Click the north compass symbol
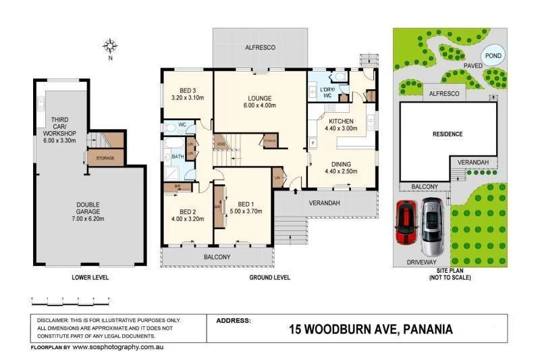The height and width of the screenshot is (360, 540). pyautogui.click(x=110, y=46)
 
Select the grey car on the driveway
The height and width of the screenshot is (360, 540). pyautogui.click(x=431, y=224)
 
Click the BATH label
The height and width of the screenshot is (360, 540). pyautogui.click(x=178, y=157)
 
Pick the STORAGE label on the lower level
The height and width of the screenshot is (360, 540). pyautogui.click(x=105, y=159)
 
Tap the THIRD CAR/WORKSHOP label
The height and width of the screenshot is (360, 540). pyautogui.click(x=59, y=128)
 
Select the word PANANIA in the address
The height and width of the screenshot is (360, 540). pyautogui.click(x=419, y=330)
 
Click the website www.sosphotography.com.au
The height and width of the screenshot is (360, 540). pyautogui.click(x=118, y=347)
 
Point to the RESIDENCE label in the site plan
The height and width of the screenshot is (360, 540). pyautogui.click(x=447, y=134)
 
